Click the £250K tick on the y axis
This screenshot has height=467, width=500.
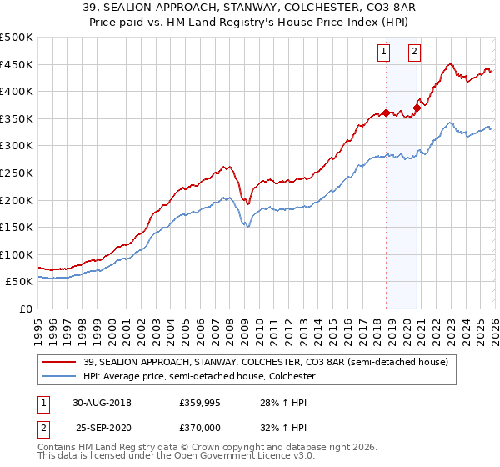point(17,173)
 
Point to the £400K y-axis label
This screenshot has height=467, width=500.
point(17,91)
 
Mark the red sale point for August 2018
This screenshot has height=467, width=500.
point(386,113)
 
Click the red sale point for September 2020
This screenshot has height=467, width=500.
point(417,107)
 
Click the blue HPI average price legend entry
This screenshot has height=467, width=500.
point(197,377)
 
